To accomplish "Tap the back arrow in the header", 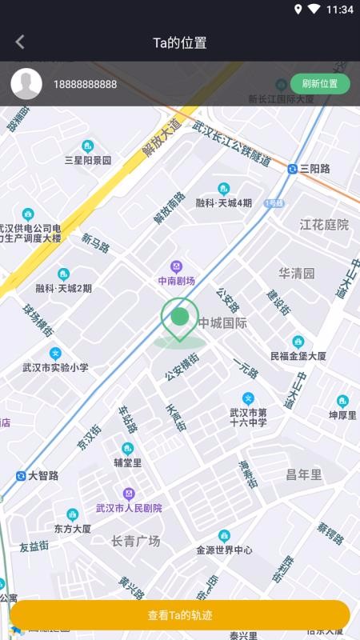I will (20, 42).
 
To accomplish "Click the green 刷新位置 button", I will (320, 84).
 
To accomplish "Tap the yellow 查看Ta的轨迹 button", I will (180, 615).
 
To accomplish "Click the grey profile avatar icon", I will (26, 84).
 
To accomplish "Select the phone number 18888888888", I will (85, 84).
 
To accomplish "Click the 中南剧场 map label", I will (176, 281).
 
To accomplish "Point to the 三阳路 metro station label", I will (314, 169).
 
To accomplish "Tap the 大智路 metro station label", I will (43, 475).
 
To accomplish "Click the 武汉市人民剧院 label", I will (129, 508).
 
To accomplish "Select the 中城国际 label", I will (223, 323).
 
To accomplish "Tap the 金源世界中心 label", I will (224, 550).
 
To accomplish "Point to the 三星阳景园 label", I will (87, 160).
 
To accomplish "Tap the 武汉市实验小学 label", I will (55, 368).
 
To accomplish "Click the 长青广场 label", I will (136, 542).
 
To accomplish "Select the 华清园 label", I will (297, 273).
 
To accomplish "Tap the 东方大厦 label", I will (72, 529).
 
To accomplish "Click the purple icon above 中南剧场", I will (176, 266).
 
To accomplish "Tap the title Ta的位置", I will (180, 42).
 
